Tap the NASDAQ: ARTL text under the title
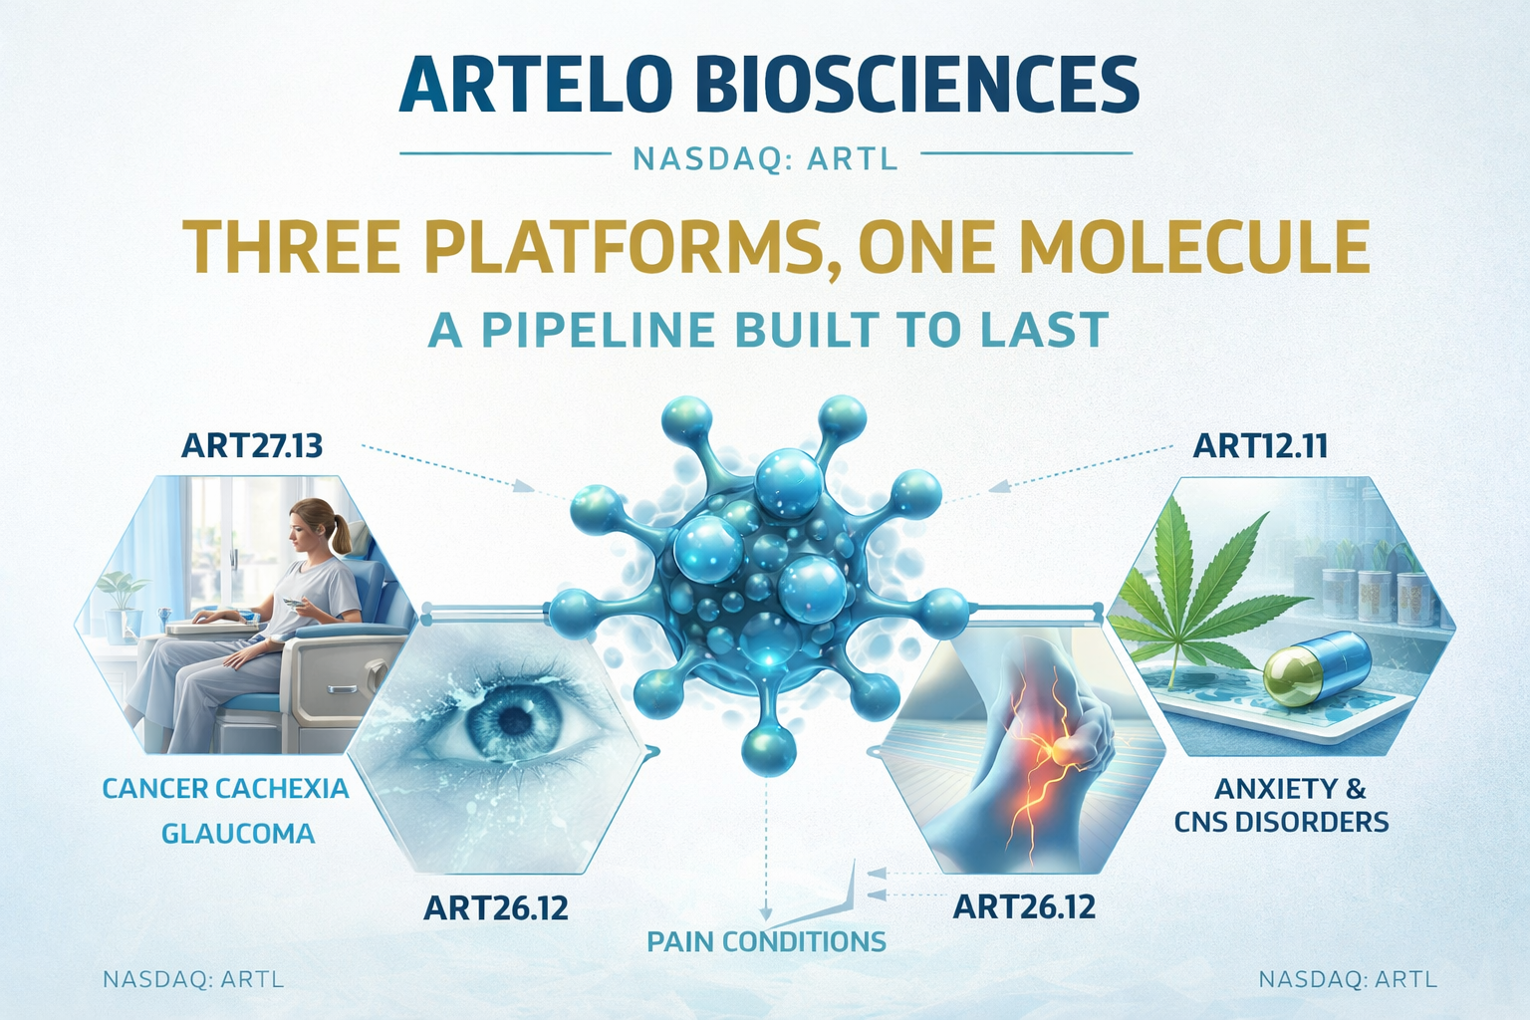click(x=766, y=159)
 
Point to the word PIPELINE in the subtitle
click(x=598, y=329)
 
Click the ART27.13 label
click(x=252, y=446)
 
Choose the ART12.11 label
click(x=1260, y=446)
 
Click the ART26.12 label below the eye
click(x=496, y=908)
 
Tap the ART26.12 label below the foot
click(x=1024, y=906)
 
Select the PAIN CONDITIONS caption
click(x=766, y=941)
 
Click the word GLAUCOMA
click(x=238, y=833)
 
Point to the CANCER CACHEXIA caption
click(x=225, y=789)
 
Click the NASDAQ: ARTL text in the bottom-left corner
click(x=193, y=980)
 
